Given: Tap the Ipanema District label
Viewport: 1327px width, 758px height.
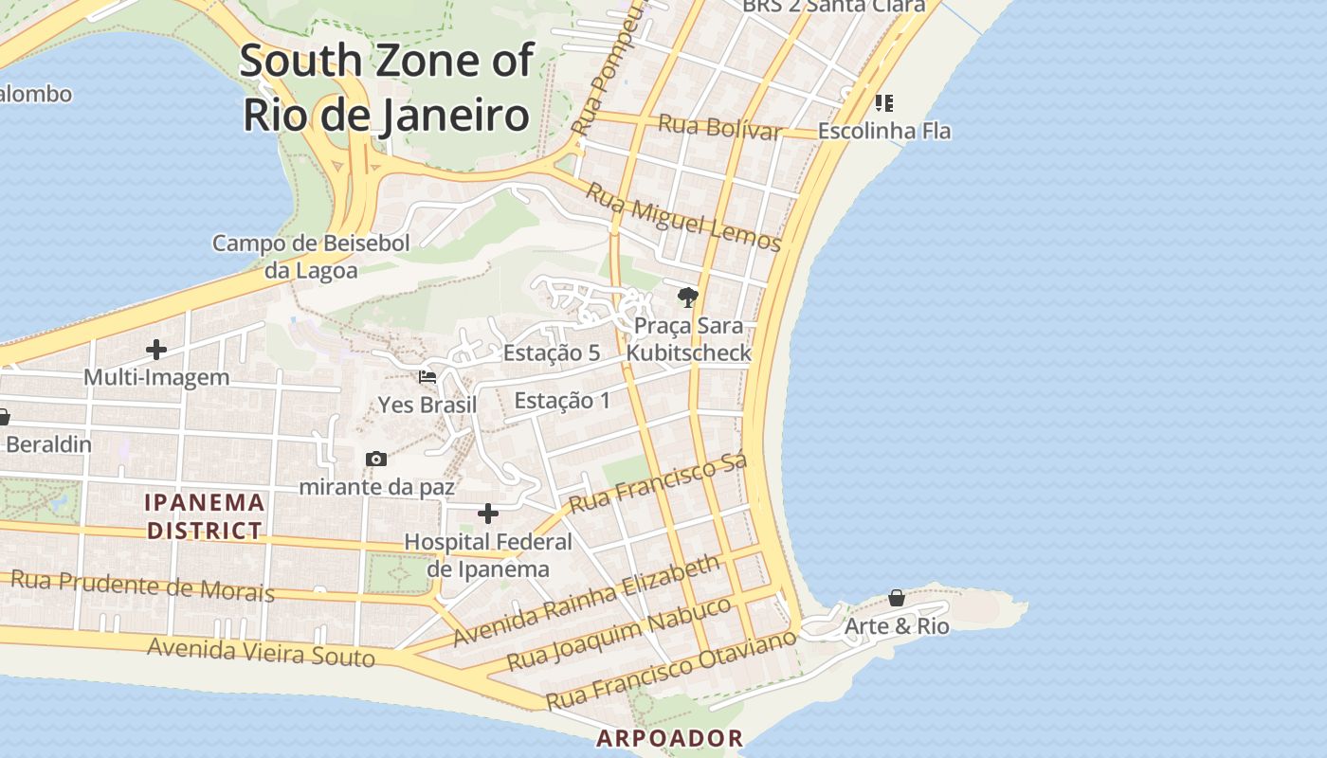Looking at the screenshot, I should tap(205, 515).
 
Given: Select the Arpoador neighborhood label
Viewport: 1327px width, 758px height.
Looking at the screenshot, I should tap(669, 738).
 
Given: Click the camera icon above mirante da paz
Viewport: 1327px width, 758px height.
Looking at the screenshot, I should tap(376, 460).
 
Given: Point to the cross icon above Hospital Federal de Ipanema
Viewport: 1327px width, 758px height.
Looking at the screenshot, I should tap(488, 514).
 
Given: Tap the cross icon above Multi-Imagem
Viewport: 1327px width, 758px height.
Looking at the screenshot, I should tap(156, 350).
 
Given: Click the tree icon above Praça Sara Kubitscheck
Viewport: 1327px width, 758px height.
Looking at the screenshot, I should tap(688, 298).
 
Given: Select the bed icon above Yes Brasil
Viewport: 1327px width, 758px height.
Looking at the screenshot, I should tap(427, 377).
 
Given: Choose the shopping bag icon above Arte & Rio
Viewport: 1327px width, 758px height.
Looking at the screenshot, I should tap(897, 598).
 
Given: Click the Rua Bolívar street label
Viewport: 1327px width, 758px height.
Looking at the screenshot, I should tap(720, 127).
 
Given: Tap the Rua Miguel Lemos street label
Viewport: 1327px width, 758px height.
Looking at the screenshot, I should tap(682, 217).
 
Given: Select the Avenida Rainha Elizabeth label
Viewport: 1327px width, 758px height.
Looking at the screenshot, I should tap(587, 602).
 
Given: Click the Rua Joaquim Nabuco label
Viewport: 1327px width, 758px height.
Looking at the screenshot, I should tap(620, 633).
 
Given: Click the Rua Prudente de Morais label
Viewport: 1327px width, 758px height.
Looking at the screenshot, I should tap(142, 586).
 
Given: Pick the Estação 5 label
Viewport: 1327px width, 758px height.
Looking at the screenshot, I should tap(552, 352).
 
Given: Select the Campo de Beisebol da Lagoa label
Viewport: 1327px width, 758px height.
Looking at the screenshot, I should tap(311, 257).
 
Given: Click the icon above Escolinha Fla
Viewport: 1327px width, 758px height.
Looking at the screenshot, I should tap(883, 102).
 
